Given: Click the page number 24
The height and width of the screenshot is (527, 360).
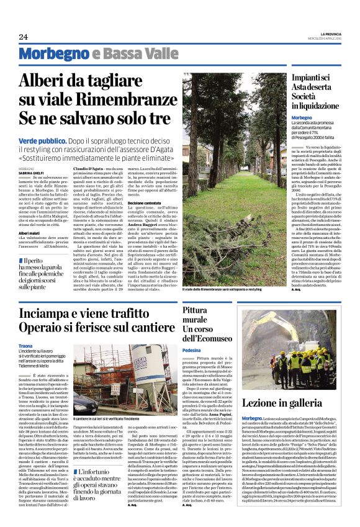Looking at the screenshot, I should (x=23, y=37).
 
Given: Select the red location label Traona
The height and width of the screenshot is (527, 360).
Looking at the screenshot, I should (x=25, y=345).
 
